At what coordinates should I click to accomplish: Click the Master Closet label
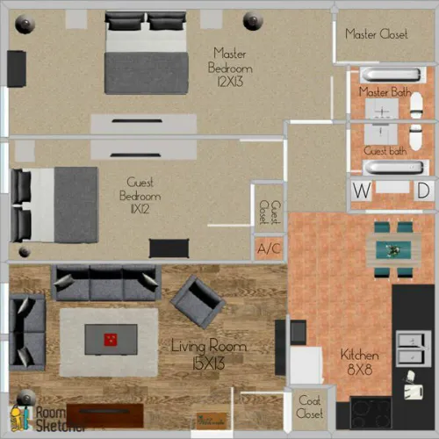(376, 34)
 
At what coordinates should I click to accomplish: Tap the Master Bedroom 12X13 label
(230, 68)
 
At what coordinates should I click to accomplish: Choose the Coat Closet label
(309, 407)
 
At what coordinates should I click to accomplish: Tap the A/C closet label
(269, 248)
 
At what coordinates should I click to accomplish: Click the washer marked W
(361, 191)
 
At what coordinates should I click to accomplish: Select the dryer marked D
(423, 191)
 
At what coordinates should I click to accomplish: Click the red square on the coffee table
(110, 339)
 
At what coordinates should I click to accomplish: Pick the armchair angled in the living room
(198, 300)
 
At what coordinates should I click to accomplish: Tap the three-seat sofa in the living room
(105, 283)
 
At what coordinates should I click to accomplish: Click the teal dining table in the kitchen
(392, 250)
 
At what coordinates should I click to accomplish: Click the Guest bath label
(385, 151)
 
